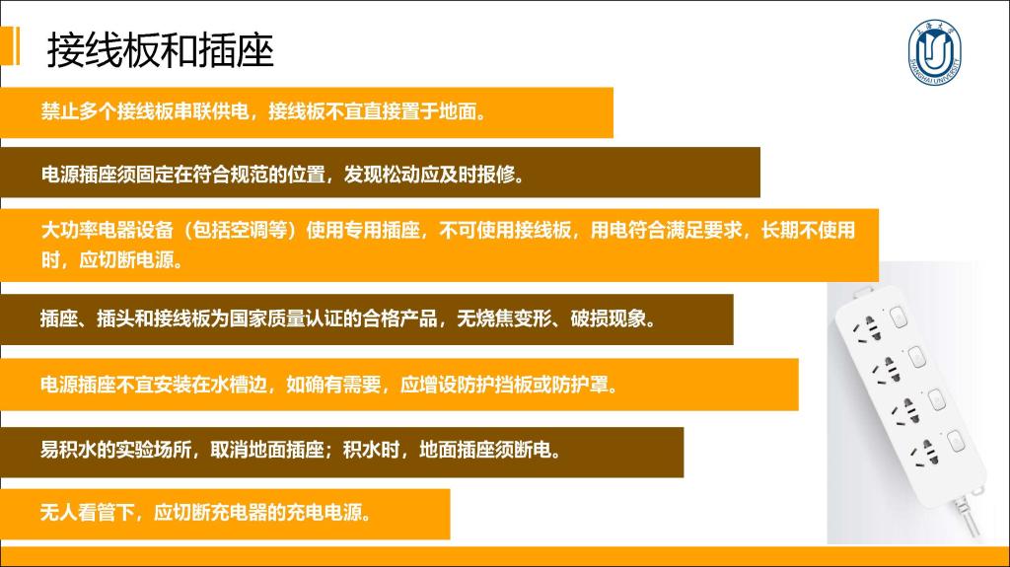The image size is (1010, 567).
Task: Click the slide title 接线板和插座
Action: click(161, 50)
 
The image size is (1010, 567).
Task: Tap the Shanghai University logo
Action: click(935, 52)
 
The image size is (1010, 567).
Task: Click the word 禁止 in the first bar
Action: click(60, 111)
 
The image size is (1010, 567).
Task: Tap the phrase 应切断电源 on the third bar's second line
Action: click(126, 259)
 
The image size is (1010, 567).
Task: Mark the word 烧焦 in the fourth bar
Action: click(495, 319)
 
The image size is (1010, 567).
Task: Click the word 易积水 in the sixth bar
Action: click(69, 449)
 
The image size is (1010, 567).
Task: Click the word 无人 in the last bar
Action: click(59, 512)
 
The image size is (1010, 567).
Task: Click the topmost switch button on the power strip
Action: click(898, 317)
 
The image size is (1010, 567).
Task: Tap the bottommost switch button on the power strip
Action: click(956, 441)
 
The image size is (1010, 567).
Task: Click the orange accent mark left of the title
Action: click(10, 45)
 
